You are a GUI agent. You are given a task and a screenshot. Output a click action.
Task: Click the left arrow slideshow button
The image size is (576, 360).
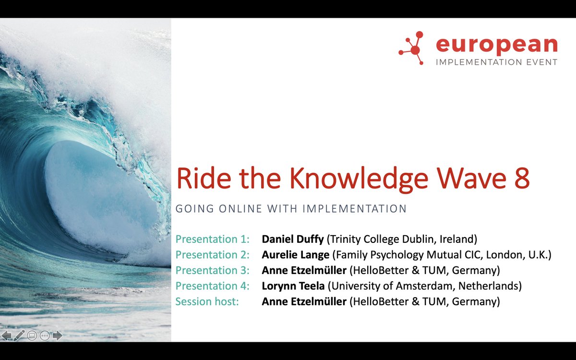[x=7, y=335]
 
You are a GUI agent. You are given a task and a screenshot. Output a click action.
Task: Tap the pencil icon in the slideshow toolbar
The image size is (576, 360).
[x=19, y=335]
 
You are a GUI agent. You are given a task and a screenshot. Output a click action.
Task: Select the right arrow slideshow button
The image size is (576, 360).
[x=58, y=335]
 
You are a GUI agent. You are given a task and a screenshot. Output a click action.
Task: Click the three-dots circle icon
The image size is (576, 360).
[x=45, y=336]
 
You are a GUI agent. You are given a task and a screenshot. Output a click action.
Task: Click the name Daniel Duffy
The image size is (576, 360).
[x=292, y=239]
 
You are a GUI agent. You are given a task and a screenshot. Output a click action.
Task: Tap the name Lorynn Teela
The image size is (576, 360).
[x=293, y=286]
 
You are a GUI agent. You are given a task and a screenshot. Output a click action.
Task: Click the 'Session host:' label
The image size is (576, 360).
[x=207, y=302]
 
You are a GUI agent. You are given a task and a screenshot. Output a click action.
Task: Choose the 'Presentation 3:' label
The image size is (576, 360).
[x=213, y=270]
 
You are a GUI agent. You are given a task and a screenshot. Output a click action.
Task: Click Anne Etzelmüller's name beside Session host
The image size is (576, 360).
[x=304, y=302]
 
